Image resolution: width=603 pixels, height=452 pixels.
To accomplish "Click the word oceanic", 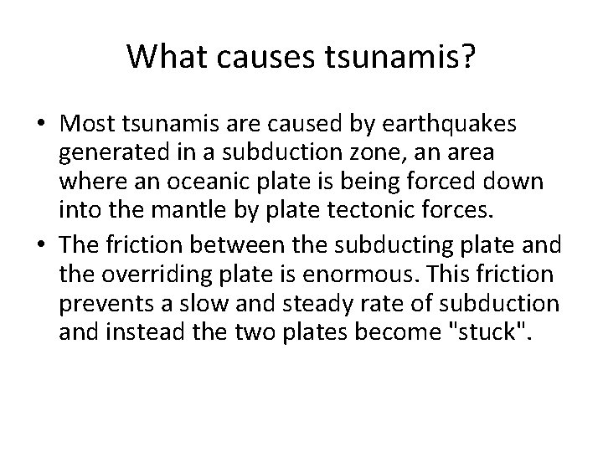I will [x=206, y=183].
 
